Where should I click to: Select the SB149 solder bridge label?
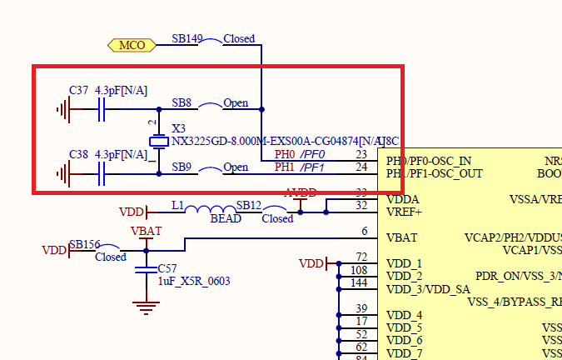coord(187,38)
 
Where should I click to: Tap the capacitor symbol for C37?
coord(102,109)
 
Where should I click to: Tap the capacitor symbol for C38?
coord(102,174)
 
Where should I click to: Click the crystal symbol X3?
coord(158,142)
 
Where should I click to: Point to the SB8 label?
coord(182,103)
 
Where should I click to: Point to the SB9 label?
coord(182,167)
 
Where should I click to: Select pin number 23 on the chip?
coord(361,154)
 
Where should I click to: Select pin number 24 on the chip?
coord(361,167)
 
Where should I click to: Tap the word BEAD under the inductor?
coord(225,218)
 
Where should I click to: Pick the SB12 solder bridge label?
coord(249,205)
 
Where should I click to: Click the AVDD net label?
coord(301,193)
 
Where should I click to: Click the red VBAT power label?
coord(146,230)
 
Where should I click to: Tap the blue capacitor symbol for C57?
coord(147,268)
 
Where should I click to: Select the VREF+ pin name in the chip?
coord(404,212)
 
